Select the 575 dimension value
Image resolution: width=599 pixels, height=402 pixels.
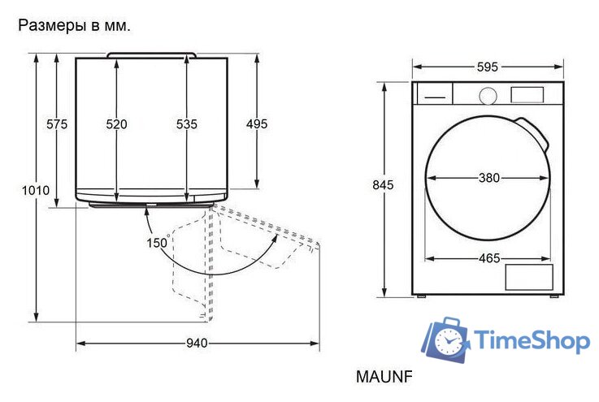[x=57, y=124]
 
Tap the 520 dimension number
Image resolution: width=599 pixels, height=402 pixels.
[x=117, y=124]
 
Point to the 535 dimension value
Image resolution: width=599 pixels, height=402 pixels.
[x=187, y=124]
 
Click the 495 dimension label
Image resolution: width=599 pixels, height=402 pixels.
[x=257, y=124]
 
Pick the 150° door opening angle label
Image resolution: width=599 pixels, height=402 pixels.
[x=156, y=242]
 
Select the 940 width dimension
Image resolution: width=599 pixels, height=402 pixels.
[x=197, y=344]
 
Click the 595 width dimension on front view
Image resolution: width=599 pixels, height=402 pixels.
[x=487, y=67]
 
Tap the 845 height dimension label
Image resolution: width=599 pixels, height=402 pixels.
[x=383, y=185]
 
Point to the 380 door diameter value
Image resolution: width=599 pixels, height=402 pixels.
[x=488, y=178]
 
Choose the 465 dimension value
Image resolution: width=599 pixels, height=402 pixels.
[x=488, y=258]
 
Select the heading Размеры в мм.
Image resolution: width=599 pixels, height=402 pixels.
[x=74, y=26]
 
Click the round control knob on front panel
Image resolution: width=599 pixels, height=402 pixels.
[x=487, y=95]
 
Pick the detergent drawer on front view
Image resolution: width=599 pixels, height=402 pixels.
[x=434, y=93]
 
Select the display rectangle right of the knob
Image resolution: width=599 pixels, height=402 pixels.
[x=527, y=94]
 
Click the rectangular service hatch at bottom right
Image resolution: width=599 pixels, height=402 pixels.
[x=529, y=277]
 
